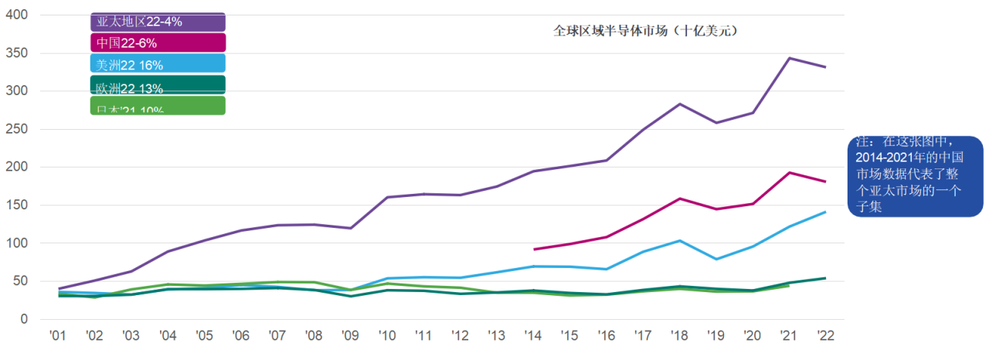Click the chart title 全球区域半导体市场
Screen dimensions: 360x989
[646, 32]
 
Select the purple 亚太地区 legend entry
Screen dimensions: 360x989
[158, 22]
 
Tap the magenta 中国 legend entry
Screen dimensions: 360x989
[158, 43]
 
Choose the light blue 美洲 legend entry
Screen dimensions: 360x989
[158, 64]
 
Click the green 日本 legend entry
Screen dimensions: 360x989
[158, 106]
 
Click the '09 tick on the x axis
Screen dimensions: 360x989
[351, 337]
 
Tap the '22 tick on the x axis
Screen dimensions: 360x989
[825, 337]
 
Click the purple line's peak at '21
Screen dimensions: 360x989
[789, 58]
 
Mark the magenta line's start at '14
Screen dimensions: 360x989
[535, 249]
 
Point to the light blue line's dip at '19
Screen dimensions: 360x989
[716, 259]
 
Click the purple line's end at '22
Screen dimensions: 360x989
[825, 67]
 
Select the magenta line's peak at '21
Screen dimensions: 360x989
[789, 172]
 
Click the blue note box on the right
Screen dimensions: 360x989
[915, 175]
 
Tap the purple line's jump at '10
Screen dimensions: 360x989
[386, 197]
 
